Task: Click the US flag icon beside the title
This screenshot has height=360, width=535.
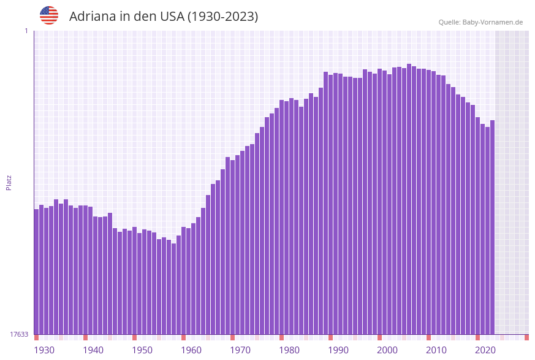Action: pyautogui.click(x=49, y=15)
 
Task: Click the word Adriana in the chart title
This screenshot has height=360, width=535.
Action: pyautogui.click(x=92, y=17)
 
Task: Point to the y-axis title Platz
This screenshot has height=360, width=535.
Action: pyautogui.click(x=9, y=182)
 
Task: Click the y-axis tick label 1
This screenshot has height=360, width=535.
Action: pyautogui.click(x=26, y=31)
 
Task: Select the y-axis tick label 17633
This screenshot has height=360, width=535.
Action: pyautogui.click(x=19, y=334)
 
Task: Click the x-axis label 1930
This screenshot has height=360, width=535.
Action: pyautogui.click(x=44, y=350)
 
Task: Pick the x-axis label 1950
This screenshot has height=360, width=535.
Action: pyautogui.click(x=142, y=350)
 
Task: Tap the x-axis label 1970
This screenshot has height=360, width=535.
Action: pyautogui.click(x=240, y=350)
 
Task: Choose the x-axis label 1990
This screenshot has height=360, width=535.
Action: pyautogui.click(x=338, y=350)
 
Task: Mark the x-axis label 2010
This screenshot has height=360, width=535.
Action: pyautogui.click(x=436, y=350)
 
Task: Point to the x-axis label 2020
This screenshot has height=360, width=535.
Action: pyautogui.click(x=485, y=350)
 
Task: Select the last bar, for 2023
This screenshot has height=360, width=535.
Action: pyautogui.click(x=492, y=227)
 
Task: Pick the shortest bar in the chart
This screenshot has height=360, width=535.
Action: pyautogui.click(x=173, y=288)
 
